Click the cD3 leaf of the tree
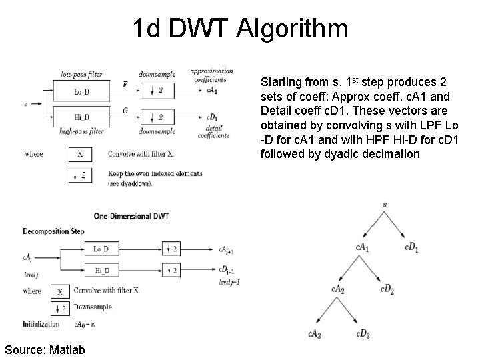[x=363, y=333]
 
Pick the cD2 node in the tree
[x=387, y=289]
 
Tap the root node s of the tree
[x=385, y=213]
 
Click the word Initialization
[x=41, y=325]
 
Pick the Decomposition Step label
[x=53, y=232]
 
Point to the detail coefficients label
[x=213, y=131]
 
